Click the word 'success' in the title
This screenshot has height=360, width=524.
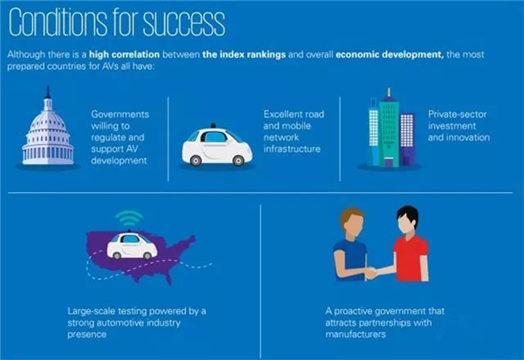[184, 22]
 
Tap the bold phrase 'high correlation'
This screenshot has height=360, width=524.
[124, 54]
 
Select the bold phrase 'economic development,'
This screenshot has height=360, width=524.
[390, 54]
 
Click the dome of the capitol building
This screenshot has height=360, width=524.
[48, 121]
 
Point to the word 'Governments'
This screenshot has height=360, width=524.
[120, 114]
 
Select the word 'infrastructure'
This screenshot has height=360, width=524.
[292, 149]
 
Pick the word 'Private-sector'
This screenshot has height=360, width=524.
[457, 114]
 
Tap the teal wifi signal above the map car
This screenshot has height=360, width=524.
[129, 218]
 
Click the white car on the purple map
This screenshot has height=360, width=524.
[132, 246]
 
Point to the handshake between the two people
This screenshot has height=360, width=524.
[370, 273]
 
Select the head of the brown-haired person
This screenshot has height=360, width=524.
[353, 223]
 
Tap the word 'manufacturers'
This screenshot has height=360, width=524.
[355, 335]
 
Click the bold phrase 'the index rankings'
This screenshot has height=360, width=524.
[244, 54]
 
